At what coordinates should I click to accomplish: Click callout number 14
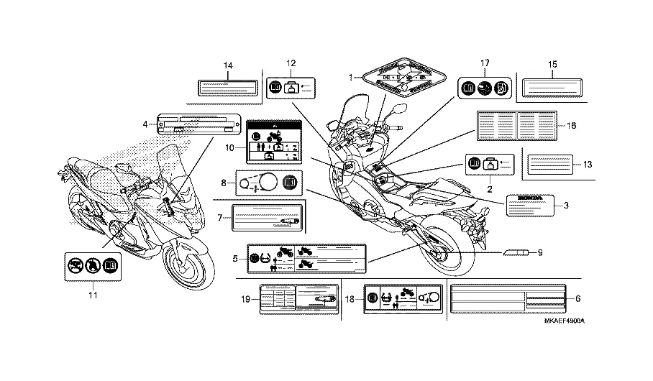click(x=228, y=66)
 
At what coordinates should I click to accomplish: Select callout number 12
click(x=291, y=63)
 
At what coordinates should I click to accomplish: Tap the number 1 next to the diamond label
click(x=351, y=77)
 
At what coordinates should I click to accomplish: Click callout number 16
click(x=572, y=125)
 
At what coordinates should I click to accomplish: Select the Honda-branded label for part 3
click(x=531, y=204)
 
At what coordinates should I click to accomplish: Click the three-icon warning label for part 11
click(x=91, y=265)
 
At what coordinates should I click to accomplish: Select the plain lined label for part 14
click(x=228, y=88)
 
